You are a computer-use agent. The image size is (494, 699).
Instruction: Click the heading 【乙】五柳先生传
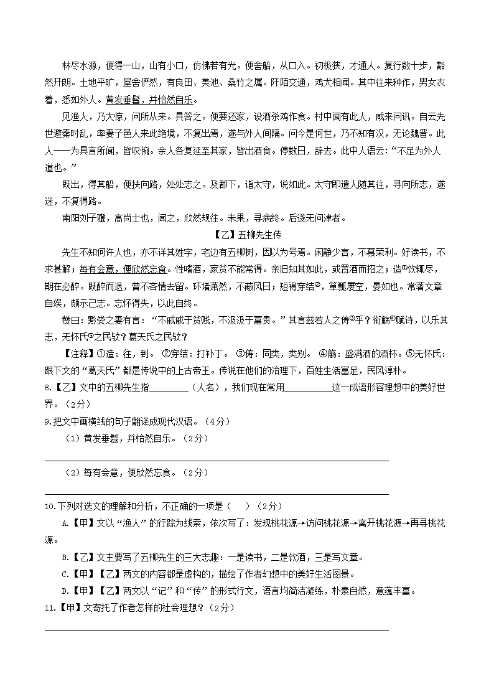click(247, 234)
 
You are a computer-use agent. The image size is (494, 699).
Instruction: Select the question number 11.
click(50, 607)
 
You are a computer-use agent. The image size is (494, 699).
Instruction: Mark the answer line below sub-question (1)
click(216, 461)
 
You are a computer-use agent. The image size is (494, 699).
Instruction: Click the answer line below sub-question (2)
click(216, 494)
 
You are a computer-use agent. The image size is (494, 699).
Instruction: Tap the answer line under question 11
click(216, 629)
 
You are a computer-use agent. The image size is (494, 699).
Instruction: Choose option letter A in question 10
click(65, 523)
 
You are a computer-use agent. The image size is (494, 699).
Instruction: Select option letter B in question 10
click(65, 556)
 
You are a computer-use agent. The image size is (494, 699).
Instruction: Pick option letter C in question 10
click(65, 573)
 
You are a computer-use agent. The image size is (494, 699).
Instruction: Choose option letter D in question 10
click(65, 590)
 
